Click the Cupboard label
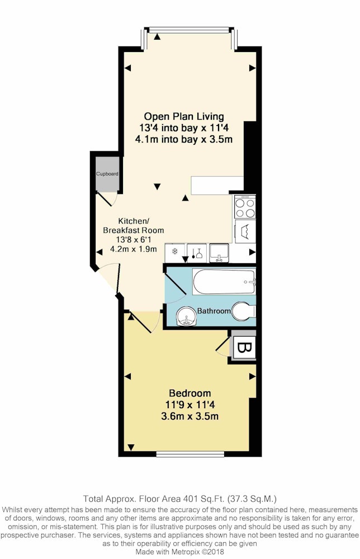tap(107, 174)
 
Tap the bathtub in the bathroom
tap(224, 282)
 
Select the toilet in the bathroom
tap(243, 311)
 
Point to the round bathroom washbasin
tap(186, 316)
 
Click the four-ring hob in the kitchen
tap(245, 207)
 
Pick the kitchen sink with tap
tap(219, 253)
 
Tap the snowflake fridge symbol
tap(175, 252)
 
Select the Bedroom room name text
tap(190, 393)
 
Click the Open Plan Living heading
tap(184, 117)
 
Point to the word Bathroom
tap(214, 311)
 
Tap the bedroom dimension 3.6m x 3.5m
tap(190, 416)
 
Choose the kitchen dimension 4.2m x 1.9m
tap(134, 249)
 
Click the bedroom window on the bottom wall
tap(190, 454)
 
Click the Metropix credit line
tap(179, 552)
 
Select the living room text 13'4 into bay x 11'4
tap(184, 127)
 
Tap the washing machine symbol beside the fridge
tap(197, 253)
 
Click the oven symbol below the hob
tap(245, 231)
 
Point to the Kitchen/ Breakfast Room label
tap(133, 226)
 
